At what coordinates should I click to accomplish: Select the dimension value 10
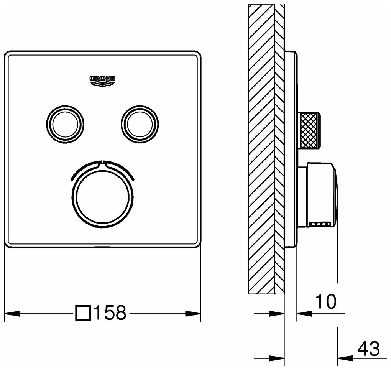pos(326,301)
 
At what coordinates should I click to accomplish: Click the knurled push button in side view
pos(309,130)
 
